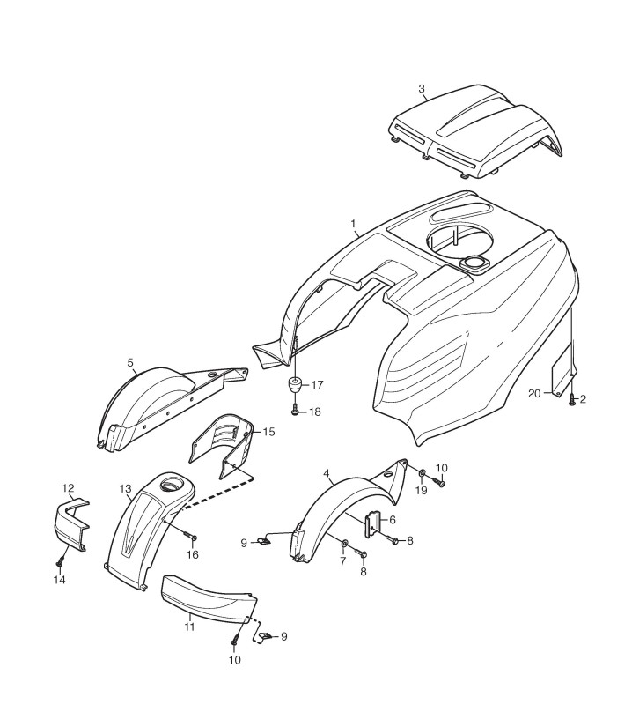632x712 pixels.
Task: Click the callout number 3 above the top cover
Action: (x=422, y=88)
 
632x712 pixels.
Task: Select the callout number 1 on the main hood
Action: (x=354, y=224)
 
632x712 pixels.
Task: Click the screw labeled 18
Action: (x=294, y=410)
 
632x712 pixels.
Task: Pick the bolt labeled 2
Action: (x=572, y=400)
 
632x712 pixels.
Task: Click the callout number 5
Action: (x=130, y=361)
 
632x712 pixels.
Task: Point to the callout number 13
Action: (x=124, y=487)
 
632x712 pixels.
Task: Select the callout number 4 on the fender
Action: (x=327, y=474)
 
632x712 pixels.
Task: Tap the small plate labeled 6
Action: (x=372, y=524)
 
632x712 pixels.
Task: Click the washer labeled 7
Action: (x=344, y=542)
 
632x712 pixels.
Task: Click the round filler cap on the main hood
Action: (x=474, y=262)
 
